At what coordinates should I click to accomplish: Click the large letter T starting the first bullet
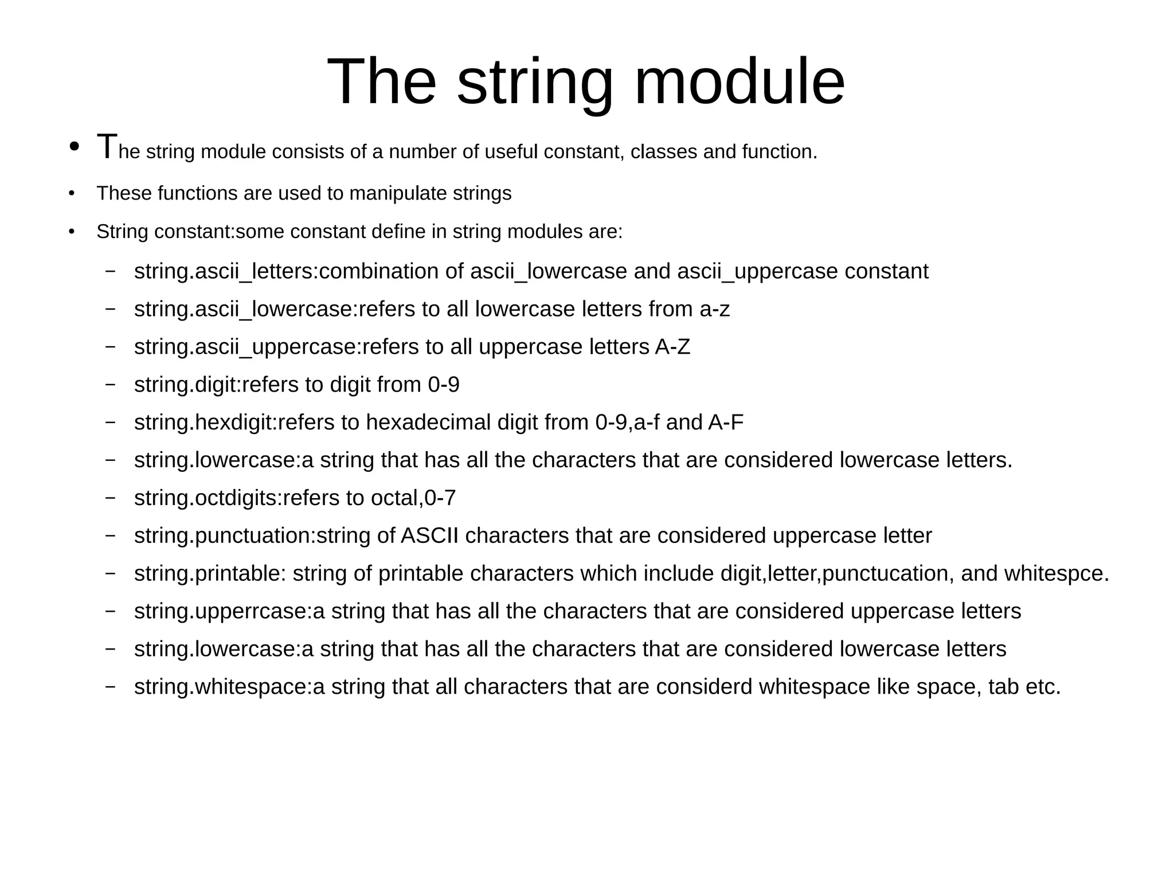107,147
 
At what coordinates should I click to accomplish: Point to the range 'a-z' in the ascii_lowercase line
714,310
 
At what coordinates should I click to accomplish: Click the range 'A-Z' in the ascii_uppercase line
672,347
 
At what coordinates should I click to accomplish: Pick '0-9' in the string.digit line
443,385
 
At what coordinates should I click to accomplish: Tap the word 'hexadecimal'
428,423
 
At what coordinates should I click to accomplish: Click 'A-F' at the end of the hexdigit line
726,423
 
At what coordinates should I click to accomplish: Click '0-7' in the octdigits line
440,498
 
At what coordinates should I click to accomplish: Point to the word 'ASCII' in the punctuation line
429,536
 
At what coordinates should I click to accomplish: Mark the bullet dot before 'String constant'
72,232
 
